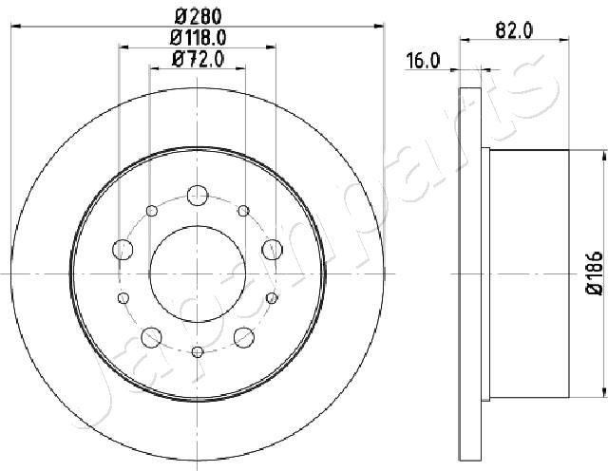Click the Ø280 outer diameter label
click(198, 15)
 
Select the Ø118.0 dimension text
click(198, 38)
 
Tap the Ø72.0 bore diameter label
click(198, 60)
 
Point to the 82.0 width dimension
click(514, 29)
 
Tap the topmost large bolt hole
click(197, 194)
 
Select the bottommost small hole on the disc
click(197, 353)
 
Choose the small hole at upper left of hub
click(150, 210)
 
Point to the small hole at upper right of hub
click(243, 210)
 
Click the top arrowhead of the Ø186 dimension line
click(603, 155)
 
